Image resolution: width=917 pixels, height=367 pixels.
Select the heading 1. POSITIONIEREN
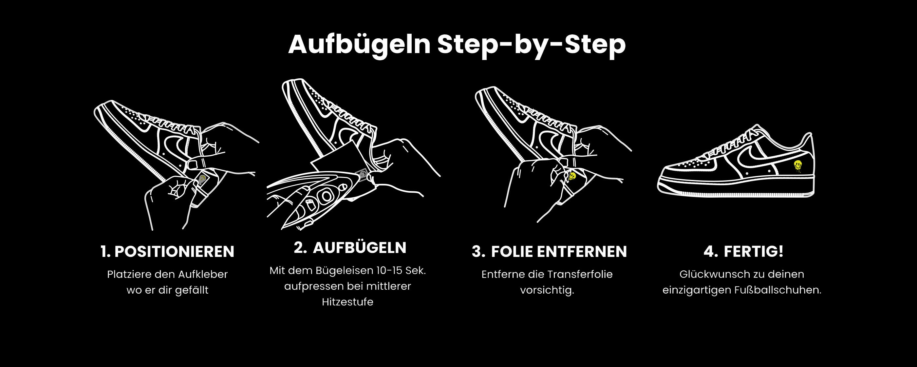tap(167, 252)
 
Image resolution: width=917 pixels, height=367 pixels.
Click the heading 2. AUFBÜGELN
tap(350, 247)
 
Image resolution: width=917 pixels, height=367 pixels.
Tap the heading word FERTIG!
tap(753, 251)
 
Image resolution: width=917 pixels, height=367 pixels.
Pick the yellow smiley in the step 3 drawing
tap(572, 176)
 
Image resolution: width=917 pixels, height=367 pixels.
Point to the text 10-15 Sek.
tap(401, 270)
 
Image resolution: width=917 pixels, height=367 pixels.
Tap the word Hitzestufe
tap(347, 302)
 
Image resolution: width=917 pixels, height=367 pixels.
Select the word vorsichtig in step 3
tap(546, 290)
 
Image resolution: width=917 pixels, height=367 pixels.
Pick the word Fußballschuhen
tap(777, 290)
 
